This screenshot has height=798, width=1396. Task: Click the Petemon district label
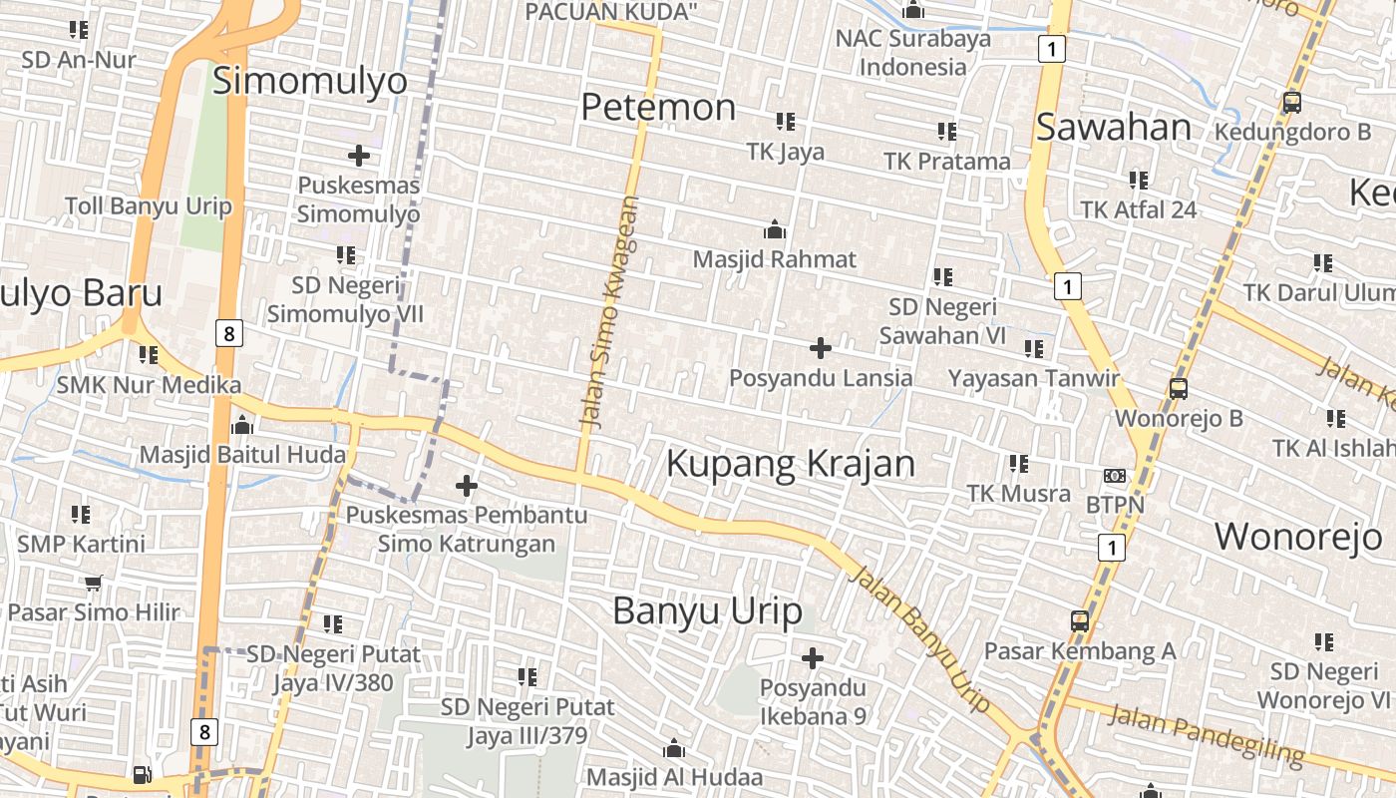[658, 107]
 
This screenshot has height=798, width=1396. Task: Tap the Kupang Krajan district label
[790, 464]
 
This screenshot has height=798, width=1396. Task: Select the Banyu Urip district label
[707, 610]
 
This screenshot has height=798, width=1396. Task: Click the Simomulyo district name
[310, 81]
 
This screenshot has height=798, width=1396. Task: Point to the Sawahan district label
[1114, 128]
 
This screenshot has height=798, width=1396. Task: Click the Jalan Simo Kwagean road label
[607, 313]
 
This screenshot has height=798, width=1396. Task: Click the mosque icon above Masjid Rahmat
[775, 231]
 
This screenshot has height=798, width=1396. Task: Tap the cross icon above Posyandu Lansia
[821, 348]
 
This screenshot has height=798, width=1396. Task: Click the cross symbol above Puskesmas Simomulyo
[359, 156]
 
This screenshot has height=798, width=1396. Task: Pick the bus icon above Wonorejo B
[1179, 389]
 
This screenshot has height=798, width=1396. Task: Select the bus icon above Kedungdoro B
[1292, 103]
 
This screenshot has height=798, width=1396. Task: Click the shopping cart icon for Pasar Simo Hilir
[94, 583]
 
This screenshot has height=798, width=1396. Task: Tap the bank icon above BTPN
[1115, 476]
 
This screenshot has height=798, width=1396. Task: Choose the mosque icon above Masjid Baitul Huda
[242, 426]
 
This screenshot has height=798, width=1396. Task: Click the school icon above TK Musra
[1019, 464]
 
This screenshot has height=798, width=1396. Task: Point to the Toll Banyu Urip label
[148, 206]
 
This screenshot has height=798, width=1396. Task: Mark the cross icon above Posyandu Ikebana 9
[813, 658]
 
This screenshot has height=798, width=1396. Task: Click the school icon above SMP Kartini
[81, 515]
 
